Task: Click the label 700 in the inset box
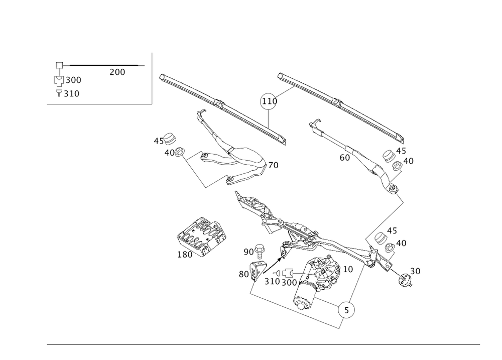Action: pos(116,73)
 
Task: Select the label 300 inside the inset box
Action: pos(73,80)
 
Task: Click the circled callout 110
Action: pos(268,101)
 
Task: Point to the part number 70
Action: pos(274,165)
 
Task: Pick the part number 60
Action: pos(344,157)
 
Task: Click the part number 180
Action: pos(185,255)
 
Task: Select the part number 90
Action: pos(248,251)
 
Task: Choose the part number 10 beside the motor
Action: pos(348,270)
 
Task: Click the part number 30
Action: pos(415,271)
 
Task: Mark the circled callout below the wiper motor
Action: pos(346,311)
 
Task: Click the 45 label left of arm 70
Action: pos(158,142)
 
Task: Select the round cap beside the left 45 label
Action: pos(171,138)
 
